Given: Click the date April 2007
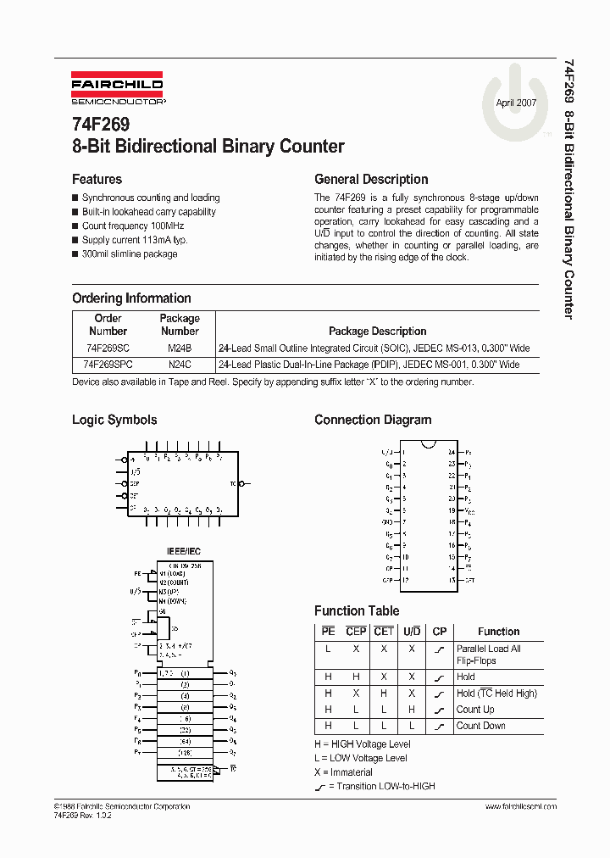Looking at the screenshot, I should point(516,102).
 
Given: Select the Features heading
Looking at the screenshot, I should point(97,180).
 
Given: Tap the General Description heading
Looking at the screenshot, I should point(371,180).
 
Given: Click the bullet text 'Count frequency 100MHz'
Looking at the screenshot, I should point(133,226).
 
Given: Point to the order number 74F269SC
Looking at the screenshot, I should point(107,348).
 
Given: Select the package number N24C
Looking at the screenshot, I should point(180,365).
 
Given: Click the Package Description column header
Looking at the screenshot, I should point(377,331).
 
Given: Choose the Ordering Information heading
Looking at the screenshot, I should point(131,298).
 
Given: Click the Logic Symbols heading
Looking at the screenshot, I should point(114,420).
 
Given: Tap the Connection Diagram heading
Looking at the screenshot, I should point(373,420).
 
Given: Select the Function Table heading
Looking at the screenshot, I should point(357,610).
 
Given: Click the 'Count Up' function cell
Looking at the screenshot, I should point(475,710).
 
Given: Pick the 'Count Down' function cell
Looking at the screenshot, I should point(480,726).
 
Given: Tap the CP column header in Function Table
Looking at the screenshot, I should point(439,632).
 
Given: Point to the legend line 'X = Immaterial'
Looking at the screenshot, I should point(343,772).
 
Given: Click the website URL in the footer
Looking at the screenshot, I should point(523,806).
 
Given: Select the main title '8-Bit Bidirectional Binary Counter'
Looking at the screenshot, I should point(208,147).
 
